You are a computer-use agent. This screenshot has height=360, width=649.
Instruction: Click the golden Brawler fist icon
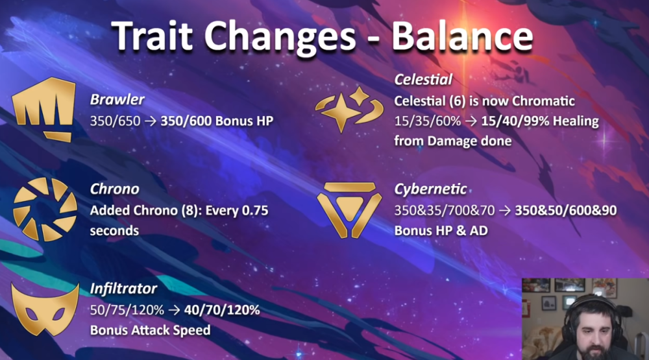pos(44,109)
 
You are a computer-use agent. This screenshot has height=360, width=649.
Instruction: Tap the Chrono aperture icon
pos(45,210)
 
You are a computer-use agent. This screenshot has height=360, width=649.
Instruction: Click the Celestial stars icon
pos(349,110)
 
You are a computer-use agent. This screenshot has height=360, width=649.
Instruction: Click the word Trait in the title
pos(152,36)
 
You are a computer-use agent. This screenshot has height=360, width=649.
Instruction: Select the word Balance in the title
pos(462,36)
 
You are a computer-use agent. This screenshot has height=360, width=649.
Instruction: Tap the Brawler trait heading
pos(117,100)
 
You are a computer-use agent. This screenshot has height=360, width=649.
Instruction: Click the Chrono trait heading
pos(115,189)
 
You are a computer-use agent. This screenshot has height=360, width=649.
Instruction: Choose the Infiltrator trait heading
pos(123,289)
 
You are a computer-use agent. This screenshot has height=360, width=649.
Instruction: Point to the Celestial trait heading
pos(423,79)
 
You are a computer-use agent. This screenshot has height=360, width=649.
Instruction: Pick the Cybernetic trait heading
pos(430,189)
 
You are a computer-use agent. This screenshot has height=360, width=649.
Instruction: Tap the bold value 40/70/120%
pos(222,310)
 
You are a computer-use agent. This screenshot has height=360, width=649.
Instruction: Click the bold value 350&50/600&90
pos(566,210)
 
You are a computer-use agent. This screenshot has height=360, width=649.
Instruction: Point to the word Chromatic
pos(543,101)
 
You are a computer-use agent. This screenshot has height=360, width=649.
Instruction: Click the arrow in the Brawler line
pos(151,121)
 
